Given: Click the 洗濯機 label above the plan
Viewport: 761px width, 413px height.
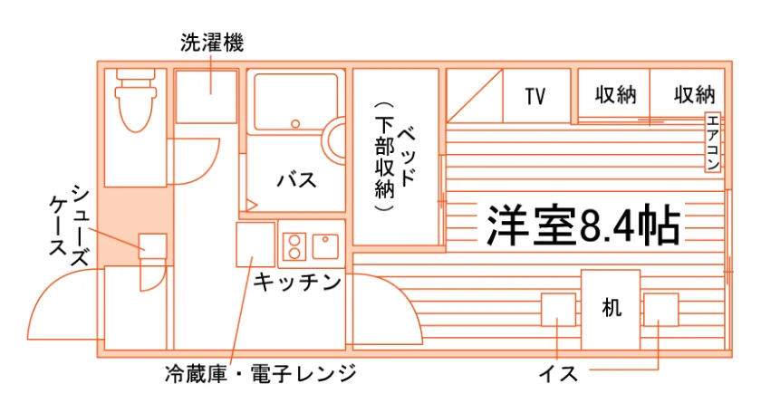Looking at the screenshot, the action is click(x=212, y=43).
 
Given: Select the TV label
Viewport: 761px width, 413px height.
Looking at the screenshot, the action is click(x=535, y=97).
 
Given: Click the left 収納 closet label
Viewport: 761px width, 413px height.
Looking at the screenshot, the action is click(x=615, y=94).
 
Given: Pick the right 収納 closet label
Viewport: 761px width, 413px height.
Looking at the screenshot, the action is click(x=695, y=94).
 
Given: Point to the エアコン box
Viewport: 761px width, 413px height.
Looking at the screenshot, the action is click(x=712, y=142).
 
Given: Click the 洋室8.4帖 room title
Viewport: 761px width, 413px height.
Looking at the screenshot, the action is click(x=583, y=226).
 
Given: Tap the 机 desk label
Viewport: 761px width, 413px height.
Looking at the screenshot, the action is click(x=611, y=307).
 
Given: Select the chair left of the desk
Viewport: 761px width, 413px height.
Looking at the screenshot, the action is click(x=558, y=310).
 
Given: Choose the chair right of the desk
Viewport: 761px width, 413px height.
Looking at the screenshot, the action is click(x=661, y=310).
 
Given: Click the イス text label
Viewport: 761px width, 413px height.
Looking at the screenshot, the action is click(x=558, y=374).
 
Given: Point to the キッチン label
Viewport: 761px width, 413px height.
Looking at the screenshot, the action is click(x=297, y=282).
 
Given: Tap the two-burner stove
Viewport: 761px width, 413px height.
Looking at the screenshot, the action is click(x=294, y=247).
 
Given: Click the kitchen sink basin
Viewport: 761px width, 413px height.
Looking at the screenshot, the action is click(x=325, y=246).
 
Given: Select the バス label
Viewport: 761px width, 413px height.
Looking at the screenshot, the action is click(x=296, y=180).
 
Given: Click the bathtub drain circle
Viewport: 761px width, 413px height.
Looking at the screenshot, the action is click(x=295, y=124).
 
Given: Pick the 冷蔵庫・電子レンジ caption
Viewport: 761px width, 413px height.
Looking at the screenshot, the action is click(x=261, y=374).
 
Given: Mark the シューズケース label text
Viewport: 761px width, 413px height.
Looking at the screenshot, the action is click(x=69, y=226).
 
